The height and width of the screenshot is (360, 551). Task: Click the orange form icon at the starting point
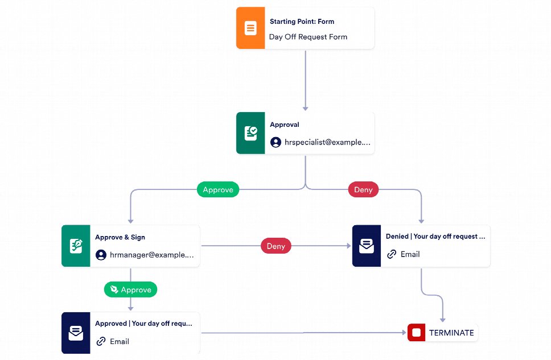coord(250,28)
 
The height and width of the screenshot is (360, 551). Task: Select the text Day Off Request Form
coord(308,37)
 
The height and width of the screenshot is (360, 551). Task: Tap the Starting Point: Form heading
coord(302,22)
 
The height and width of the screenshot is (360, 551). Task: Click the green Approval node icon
coord(250,133)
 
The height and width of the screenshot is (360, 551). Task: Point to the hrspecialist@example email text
coord(327,142)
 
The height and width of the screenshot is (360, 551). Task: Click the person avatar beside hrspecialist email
coord(275,142)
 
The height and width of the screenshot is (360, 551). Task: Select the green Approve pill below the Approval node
coord(218,190)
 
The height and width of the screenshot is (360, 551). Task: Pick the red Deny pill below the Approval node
coord(363,190)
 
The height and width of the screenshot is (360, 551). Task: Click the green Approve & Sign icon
coord(76,246)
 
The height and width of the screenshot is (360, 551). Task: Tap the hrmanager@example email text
coord(151,255)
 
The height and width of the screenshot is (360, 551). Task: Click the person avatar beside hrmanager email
coord(101,255)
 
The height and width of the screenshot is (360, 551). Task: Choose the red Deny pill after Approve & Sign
coord(276,246)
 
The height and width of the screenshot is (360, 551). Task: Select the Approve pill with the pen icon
coord(130,289)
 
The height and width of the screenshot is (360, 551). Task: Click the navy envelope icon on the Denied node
coord(366,246)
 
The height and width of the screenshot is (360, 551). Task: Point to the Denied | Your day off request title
coord(435,236)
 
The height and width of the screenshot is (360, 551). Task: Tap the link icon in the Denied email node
coord(392,254)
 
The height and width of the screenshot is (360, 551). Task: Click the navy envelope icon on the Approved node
coord(76,333)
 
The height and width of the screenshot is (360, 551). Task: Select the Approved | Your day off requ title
coord(143,323)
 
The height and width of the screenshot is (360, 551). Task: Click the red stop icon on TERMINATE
coord(416,333)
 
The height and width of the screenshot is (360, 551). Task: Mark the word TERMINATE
coord(451,333)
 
